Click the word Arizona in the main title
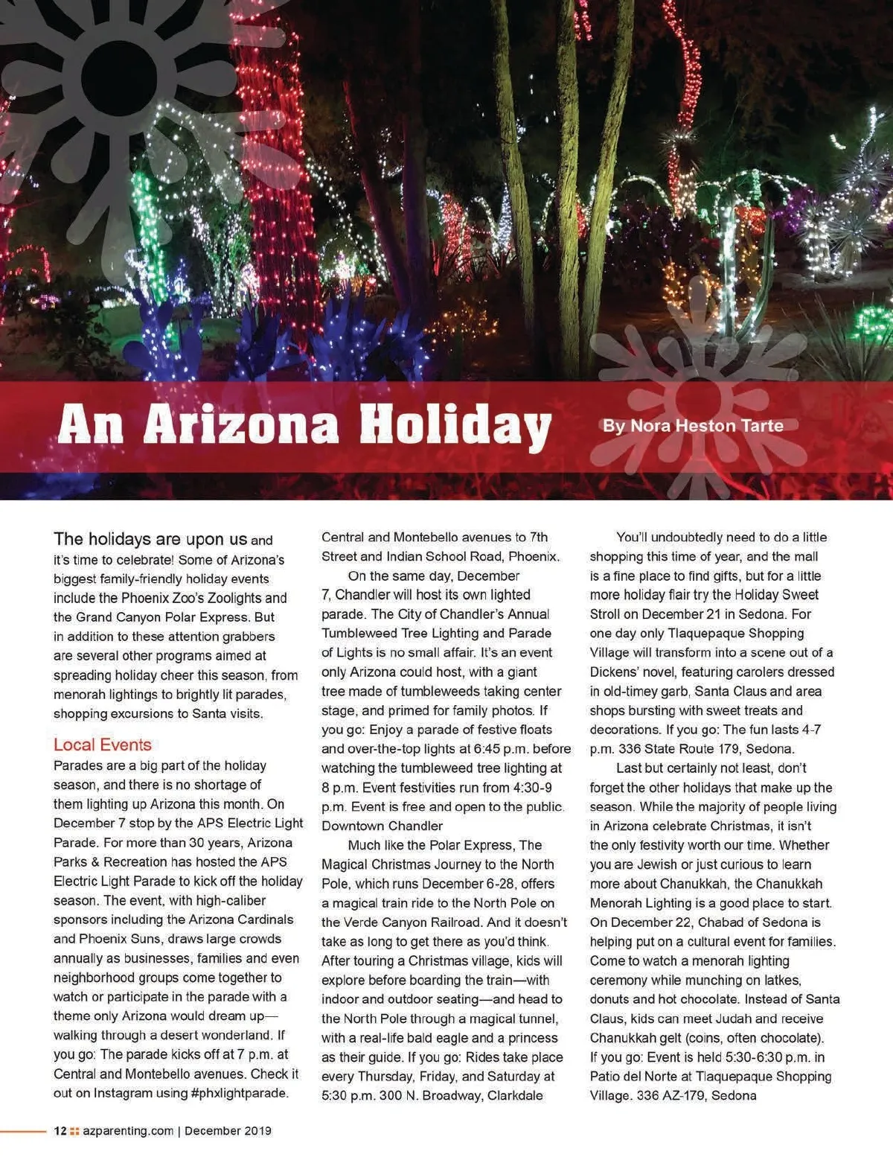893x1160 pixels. click(x=241, y=424)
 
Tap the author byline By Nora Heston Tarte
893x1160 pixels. click(x=692, y=426)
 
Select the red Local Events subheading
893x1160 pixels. click(x=102, y=745)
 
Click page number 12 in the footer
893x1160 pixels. click(x=60, y=1131)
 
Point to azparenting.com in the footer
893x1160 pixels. click(x=128, y=1131)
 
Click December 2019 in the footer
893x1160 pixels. click(x=228, y=1131)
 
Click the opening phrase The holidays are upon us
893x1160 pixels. click(x=150, y=539)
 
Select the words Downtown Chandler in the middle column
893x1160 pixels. click(x=382, y=826)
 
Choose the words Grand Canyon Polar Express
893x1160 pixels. click(x=161, y=617)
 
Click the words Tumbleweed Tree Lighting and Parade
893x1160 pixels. click(x=436, y=633)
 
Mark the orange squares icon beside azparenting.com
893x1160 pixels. click(x=74, y=1131)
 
